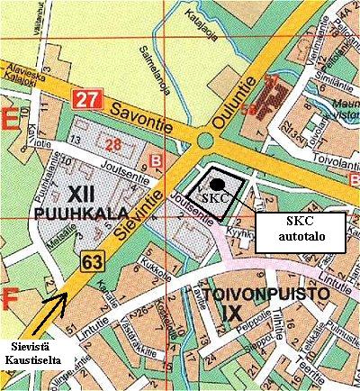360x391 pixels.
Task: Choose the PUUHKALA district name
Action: tap(69, 214)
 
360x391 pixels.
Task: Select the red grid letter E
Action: tap(12, 119)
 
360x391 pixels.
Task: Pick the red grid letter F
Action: tap(12, 294)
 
